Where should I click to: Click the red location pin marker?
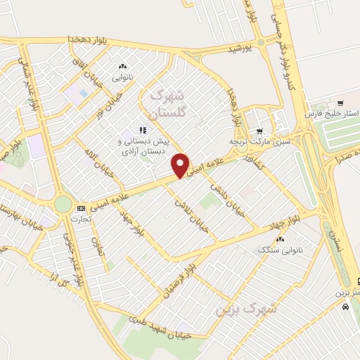[x=181, y=165]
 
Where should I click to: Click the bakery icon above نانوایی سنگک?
[x=281, y=239]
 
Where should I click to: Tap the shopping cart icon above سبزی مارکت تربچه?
[x=259, y=131]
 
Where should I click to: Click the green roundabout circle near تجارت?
[x=63, y=205]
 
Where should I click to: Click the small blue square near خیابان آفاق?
[x=84, y=93]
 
